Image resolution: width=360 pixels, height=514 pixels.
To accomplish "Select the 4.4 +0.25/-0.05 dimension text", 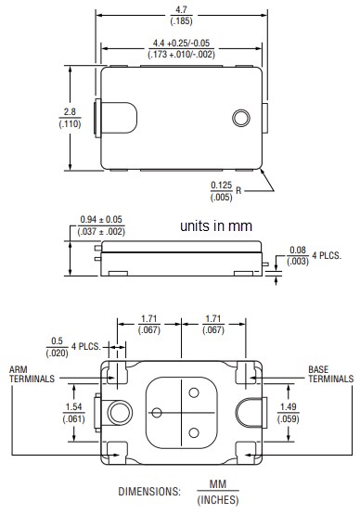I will [x=181, y=42].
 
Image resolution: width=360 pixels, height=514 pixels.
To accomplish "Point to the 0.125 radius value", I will [x=221, y=185].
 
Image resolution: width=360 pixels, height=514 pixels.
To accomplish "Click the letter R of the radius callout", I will [x=239, y=190].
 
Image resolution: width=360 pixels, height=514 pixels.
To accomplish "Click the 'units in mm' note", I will [x=220, y=227].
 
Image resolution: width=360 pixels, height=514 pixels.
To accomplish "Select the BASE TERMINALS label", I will [x=330, y=374].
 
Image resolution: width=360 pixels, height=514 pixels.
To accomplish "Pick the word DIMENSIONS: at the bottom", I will [x=149, y=492].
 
